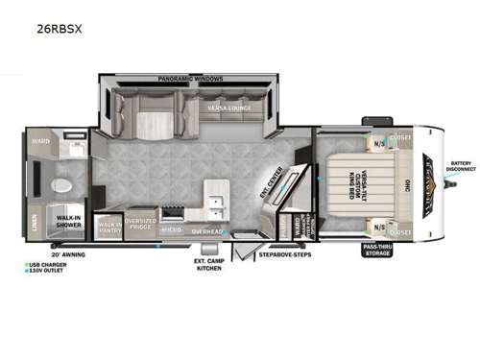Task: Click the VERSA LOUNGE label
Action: [228, 108]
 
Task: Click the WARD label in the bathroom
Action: [41, 140]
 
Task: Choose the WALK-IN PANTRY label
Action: [109, 227]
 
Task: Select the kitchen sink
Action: [215, 204]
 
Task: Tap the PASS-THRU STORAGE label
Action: [377, 250]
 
